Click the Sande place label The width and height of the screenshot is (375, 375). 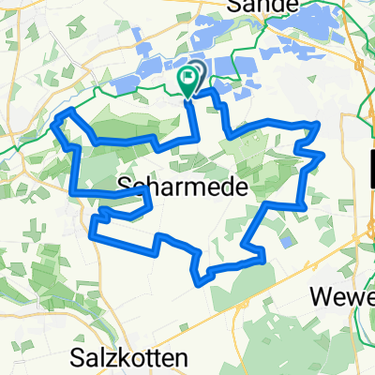pos(262,7)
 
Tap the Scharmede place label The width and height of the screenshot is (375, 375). pos(185,187)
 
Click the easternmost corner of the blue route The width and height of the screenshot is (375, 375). pos(323,154)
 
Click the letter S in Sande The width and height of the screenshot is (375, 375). pos(233,7)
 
